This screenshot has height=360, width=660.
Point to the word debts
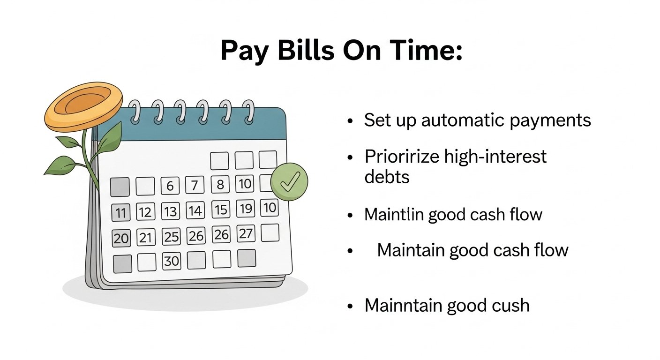387,177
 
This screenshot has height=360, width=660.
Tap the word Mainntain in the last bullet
404,305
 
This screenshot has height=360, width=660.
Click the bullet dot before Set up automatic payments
350,121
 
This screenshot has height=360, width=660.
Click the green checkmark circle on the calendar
289,182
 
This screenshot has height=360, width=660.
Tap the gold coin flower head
83,107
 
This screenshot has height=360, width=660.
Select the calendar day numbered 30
171,261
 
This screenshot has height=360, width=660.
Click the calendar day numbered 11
120,212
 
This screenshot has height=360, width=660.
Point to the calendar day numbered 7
195,185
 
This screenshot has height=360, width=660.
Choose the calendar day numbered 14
195,210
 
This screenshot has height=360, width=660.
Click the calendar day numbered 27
246,234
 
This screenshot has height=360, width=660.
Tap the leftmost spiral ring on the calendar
135,112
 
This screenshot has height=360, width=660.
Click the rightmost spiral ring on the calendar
249,112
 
